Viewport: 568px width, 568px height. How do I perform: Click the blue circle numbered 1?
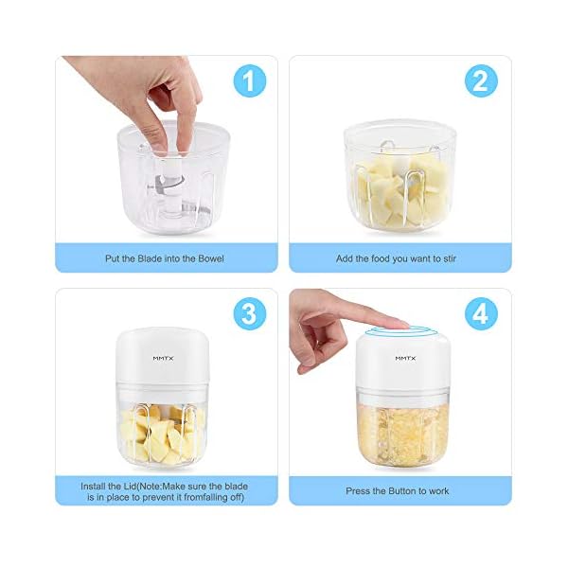pos(248,81)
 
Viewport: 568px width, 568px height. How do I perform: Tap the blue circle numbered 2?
pos(481,81)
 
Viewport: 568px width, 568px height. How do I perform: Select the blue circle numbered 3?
pos(248,314)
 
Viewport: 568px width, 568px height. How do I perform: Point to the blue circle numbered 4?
pos(481,314)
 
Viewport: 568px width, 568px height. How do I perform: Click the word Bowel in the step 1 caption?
pos(209,257)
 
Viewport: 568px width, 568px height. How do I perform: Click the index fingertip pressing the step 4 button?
pos(397,325)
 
